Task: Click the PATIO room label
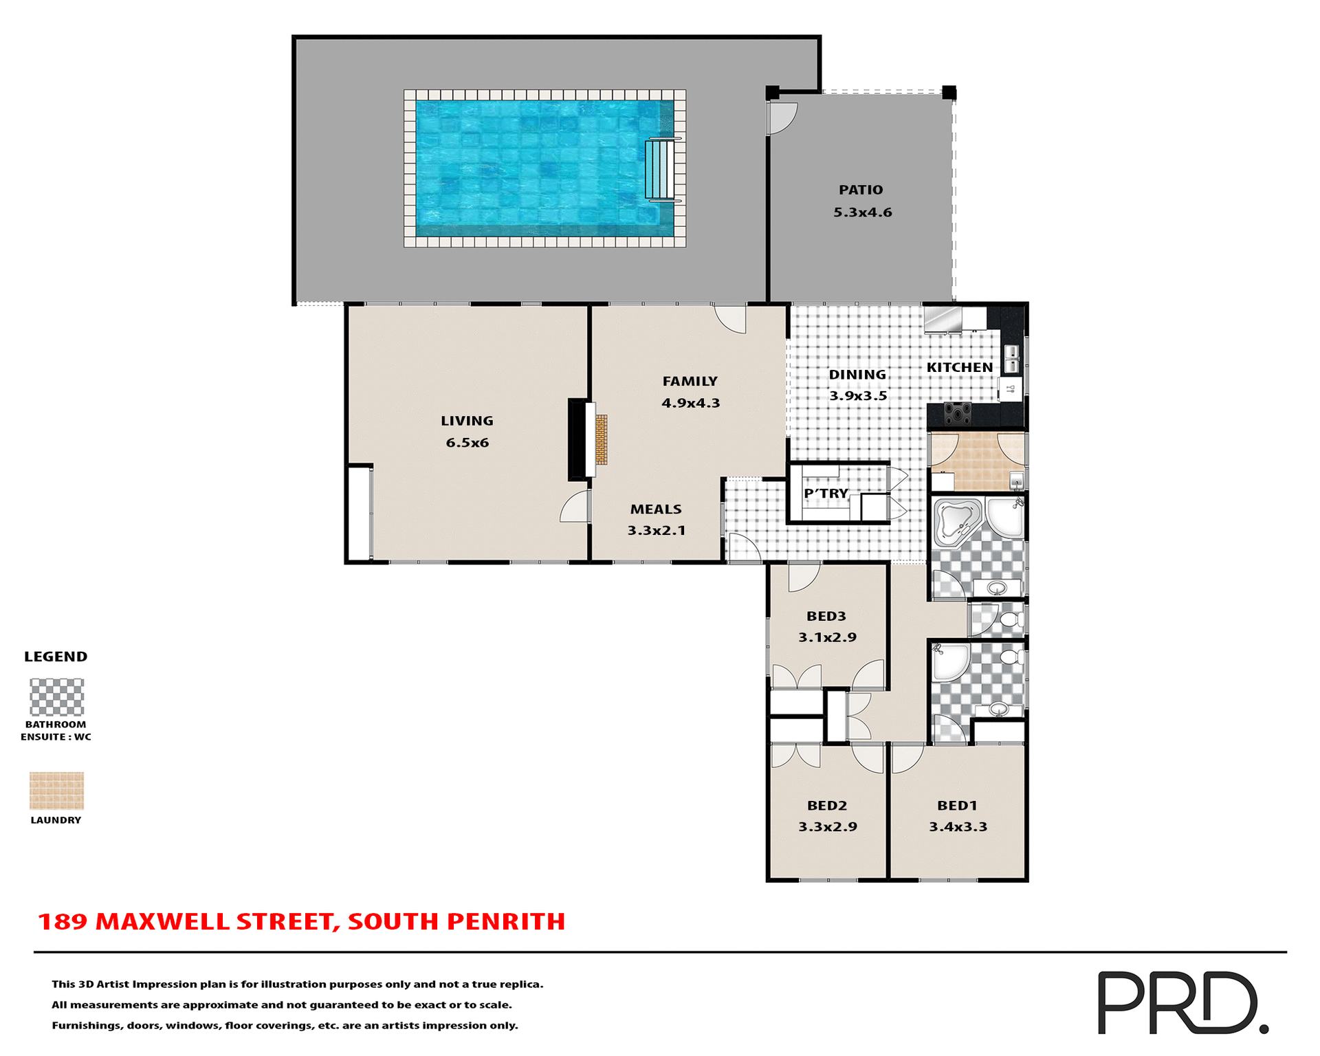pyautogui.click(x=860, y=190)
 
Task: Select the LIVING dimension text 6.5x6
pyautogui.click(x=467, y=443)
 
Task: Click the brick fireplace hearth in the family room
pyautogui.click(x=602, y=440)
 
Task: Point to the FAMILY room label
pyautogui.click(x=690, y=381)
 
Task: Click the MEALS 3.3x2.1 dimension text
pyautogui.click(x=656, y=531)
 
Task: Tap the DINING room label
pyautogui.click(x=857, y=375)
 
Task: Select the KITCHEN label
pyautogui.click(x=959, y=368)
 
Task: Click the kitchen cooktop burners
pyautogui.click(x=957, y=414)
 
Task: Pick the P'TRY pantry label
pyautogui.click(x=826, y=494)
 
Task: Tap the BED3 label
pyautogui.click(x=826, y=616)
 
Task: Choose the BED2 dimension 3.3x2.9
pyautogui.click(x=827, y=826)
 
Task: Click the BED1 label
pyautogui.click(x=956, y=806)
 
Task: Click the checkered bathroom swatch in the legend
pyautogui.click(x=56, y=697)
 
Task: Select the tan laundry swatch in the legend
pyautogui.click(x=56, y=791)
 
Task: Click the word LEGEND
pyautogui.click(x=56, y=657)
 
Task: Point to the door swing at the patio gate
pyautogui.click(x=782, y=118)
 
